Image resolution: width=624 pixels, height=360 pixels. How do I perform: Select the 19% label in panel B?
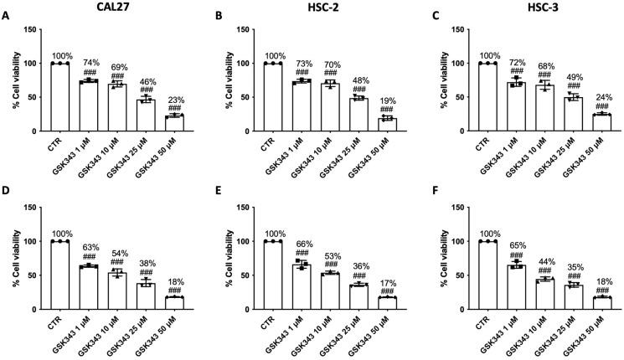point(387,100)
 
